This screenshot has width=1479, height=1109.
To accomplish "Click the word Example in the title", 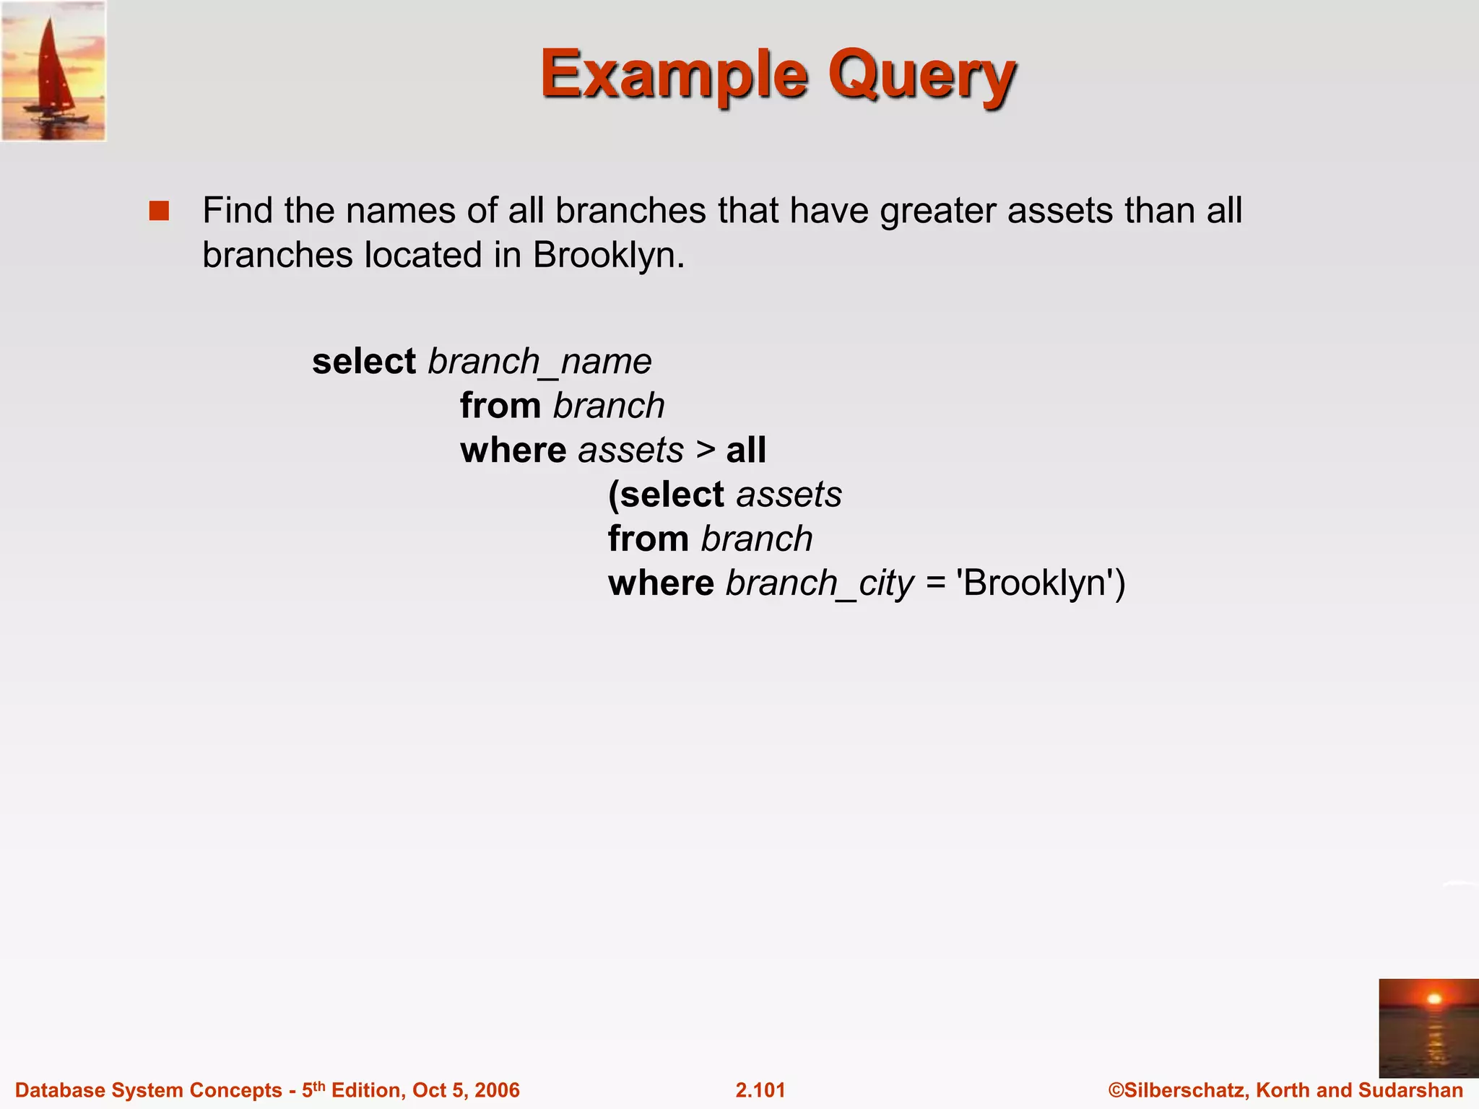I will [673, 74].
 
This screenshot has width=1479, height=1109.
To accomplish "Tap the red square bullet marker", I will [159, 211].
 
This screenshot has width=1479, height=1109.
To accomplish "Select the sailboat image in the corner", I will [53, 71].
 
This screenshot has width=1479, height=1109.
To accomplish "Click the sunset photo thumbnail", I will [1428, 1028].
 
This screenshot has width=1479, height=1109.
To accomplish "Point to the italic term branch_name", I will [539, 361].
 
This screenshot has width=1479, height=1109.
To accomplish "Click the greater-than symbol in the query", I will [706, 450].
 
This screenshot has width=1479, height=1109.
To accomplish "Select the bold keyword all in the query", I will [746, 450].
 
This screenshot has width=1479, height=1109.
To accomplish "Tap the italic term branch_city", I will [820, 583].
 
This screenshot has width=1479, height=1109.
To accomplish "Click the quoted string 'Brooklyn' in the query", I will [1034, 583].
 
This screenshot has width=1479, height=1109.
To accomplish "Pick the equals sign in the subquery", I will [936, 583].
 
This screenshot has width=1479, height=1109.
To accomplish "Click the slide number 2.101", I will [760, 1090].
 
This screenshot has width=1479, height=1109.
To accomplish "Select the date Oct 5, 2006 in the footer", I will [466, 1090].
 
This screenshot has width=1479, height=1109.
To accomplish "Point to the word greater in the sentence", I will [937, 211].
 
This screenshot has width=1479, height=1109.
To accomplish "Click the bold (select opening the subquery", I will [666, 495].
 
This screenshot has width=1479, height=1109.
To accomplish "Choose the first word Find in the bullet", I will [237, 211].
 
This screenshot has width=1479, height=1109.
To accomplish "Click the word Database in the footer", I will [59, 1090].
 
